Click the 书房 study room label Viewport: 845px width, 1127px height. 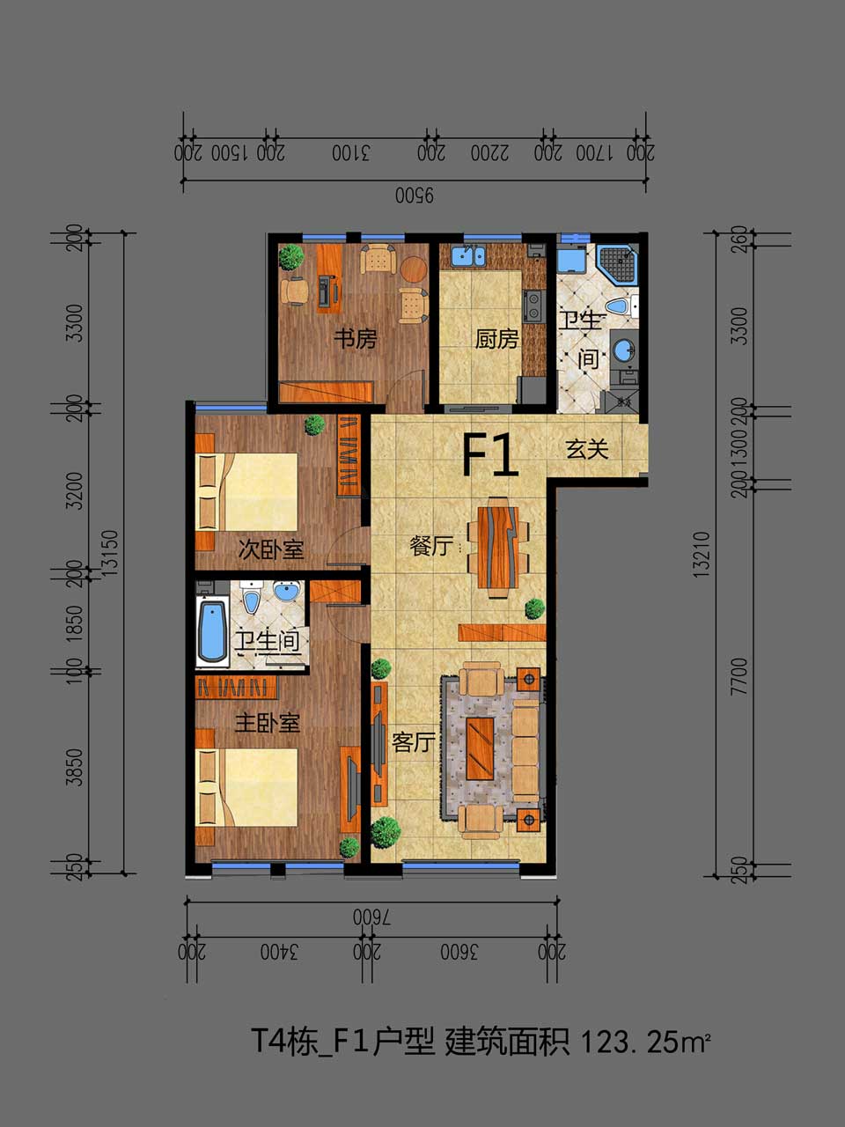tap(356, 339)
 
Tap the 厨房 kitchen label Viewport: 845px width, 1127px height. tap(496, 339)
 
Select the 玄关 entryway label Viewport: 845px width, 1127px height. tap(587, 449)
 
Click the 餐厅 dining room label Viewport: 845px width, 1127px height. tap(431, 545)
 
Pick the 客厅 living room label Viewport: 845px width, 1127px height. tap(414, 742)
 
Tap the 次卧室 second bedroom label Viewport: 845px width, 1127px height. tap(271, 550)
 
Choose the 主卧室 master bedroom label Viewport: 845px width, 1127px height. tap(267, 724)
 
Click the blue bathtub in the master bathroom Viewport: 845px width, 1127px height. tap(212, 631)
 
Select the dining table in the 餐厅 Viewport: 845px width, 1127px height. tap(498, 548)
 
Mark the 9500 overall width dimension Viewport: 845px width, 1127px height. tap(415, 195)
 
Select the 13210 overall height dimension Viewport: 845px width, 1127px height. tap(701, 554)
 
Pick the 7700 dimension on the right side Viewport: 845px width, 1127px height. tap(740, 677)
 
